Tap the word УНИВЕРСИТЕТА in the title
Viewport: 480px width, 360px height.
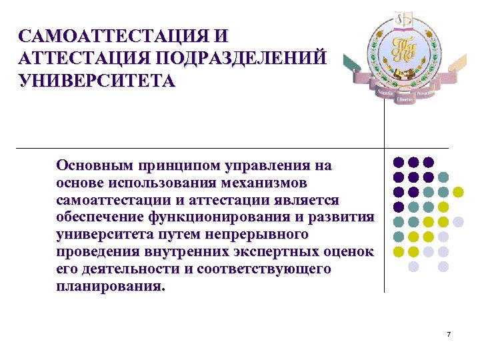[97, 81]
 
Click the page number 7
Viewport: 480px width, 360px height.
[449, 333]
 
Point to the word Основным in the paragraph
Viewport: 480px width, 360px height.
[94, 165]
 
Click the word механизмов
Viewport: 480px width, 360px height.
[268, 183]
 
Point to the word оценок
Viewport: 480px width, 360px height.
[349, 252]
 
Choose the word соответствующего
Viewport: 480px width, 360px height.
[267, 269]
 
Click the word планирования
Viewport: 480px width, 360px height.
[109, 287]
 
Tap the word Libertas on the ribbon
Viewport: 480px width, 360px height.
[404, 99]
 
